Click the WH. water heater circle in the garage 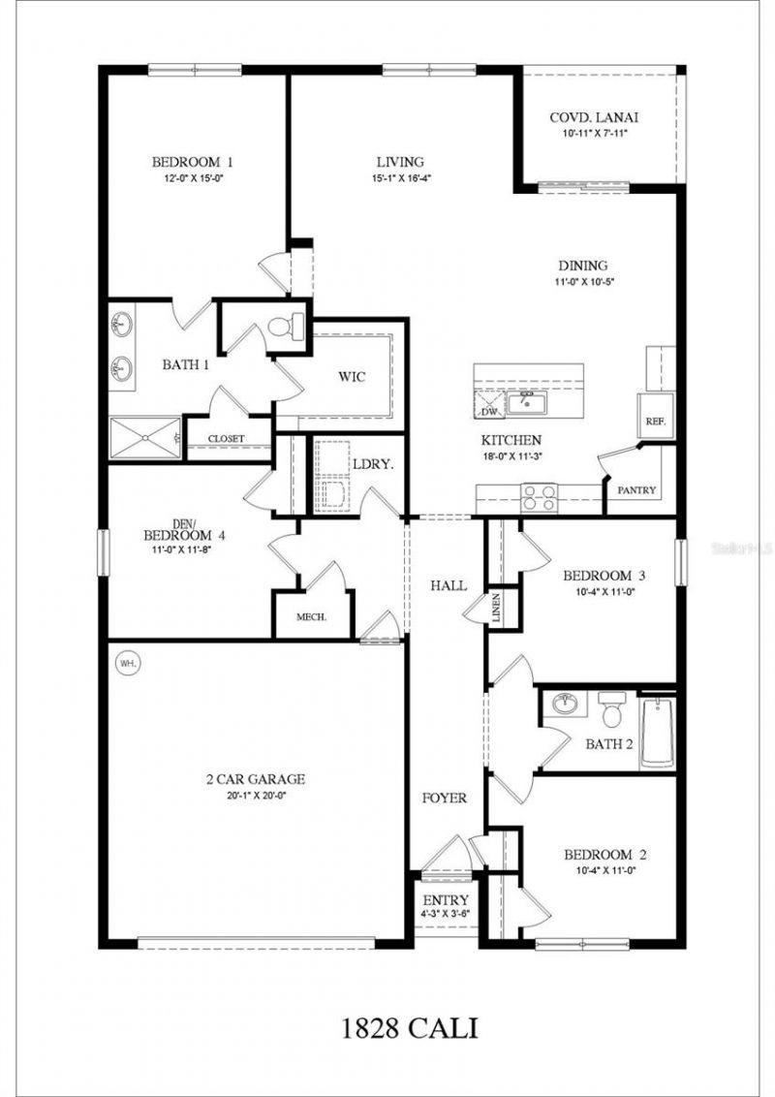click(x=127, y=664)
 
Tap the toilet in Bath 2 click(x=611, y=710)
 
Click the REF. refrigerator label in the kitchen click(x=653, y=423)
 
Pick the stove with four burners click(x=539, y=497)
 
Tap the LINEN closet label click(x=496, y=608)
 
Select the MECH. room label click(x=311, y=617)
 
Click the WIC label click(x=352, y=376)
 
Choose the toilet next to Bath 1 click(x=284, y=327)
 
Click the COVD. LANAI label click(x=595, y=118)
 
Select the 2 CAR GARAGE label click(x=255, y=778)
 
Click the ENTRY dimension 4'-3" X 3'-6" click(x=446, y=914)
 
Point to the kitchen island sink click(x=528, y=400)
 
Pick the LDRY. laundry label click(x=372, y=464)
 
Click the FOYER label click(x=445, y=799)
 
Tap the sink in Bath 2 click(x=563, y=703)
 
